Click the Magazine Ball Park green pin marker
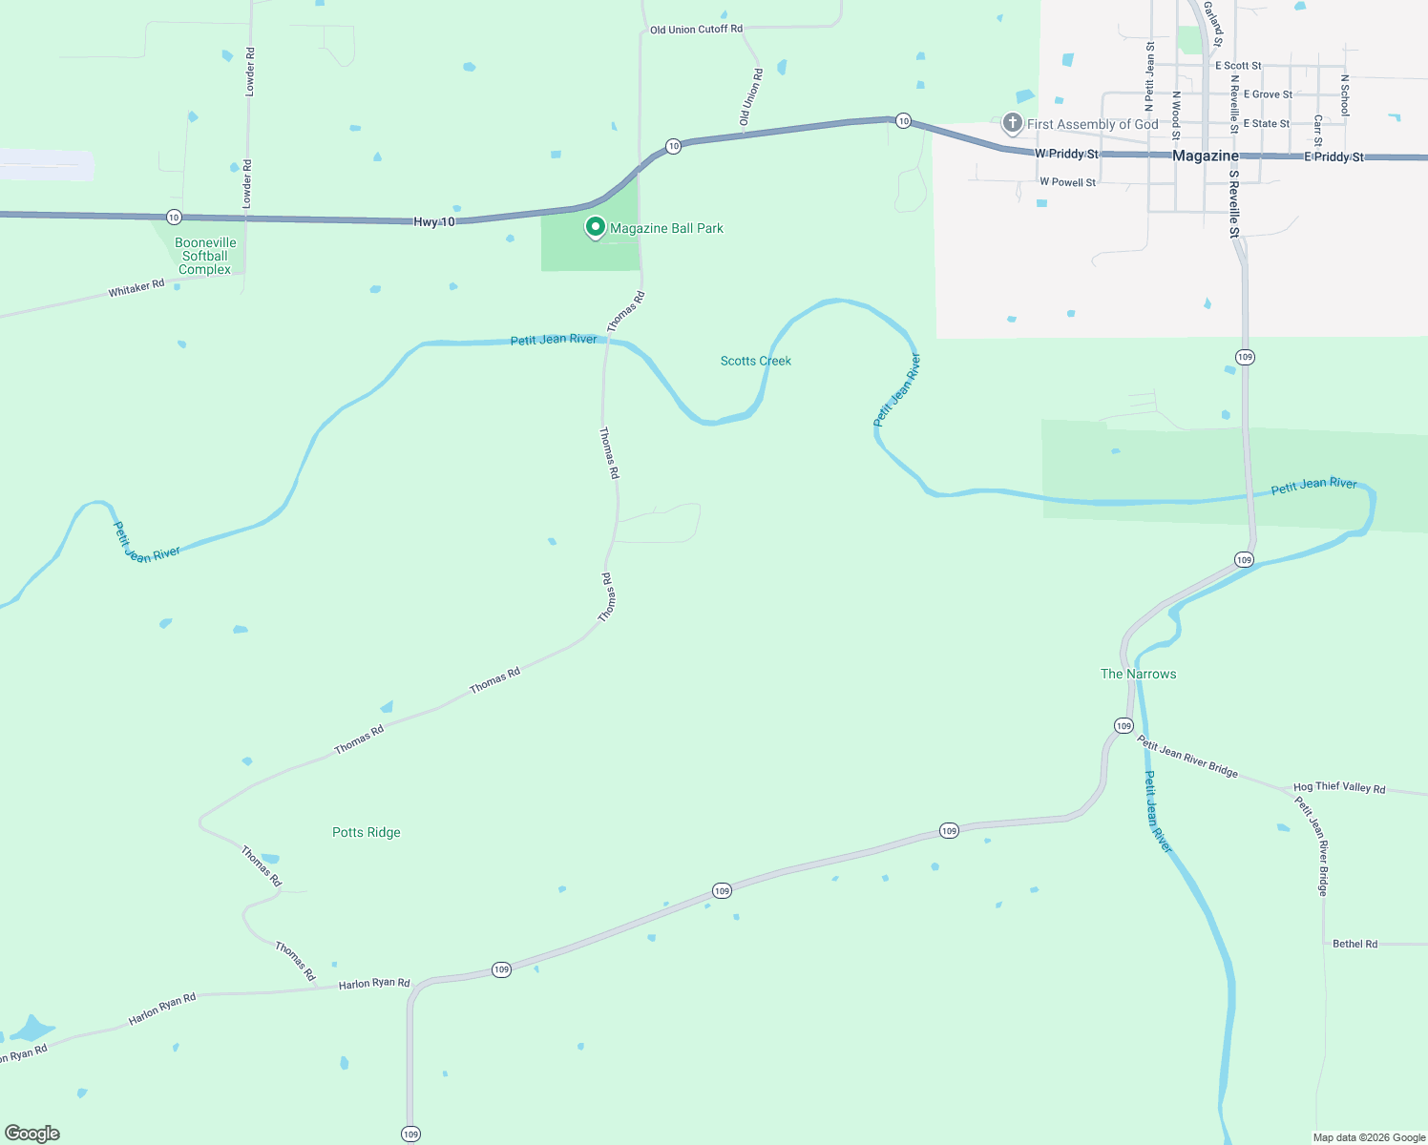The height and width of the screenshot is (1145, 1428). click(596, 227)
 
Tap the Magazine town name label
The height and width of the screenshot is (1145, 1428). click(1205, 156)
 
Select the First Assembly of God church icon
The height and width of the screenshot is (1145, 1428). click(1012, 123)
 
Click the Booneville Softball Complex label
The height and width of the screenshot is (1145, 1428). click(205, 256)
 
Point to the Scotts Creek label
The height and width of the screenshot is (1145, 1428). click(755, 361)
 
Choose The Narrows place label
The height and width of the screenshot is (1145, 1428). click(1138, 674)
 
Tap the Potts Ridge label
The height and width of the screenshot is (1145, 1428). click(366, 832)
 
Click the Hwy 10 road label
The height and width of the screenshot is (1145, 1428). click(434, 221)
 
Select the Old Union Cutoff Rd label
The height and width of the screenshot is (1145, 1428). click(696, 30)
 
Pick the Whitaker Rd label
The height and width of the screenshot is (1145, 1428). click(136, 288)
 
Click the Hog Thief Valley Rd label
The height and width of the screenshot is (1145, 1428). click(1338, 787)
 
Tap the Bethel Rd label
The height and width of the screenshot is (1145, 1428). click(1354, 944)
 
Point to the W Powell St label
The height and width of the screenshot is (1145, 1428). click(1067, 182)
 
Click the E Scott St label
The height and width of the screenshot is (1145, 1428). click(1238, 66)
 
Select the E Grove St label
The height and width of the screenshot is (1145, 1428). click(1268, 94)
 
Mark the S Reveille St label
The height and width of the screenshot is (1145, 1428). click(1233, 204)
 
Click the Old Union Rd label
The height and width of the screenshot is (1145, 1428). click(751, 97)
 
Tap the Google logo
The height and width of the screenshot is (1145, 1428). click(32, 1134)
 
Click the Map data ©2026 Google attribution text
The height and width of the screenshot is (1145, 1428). click(1369, 1137)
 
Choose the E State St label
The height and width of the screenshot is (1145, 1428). click(1266, 123)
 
